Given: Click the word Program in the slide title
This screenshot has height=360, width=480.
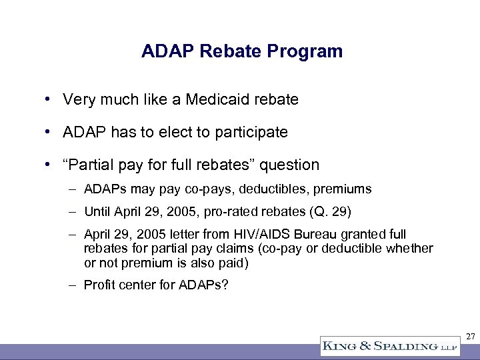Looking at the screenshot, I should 310,51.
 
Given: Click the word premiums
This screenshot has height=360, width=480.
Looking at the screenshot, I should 343,189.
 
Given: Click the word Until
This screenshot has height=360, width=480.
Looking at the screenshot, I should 98,213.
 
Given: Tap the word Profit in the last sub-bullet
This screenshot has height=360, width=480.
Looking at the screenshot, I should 98,285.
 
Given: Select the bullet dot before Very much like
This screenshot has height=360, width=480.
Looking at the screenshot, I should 49,100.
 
